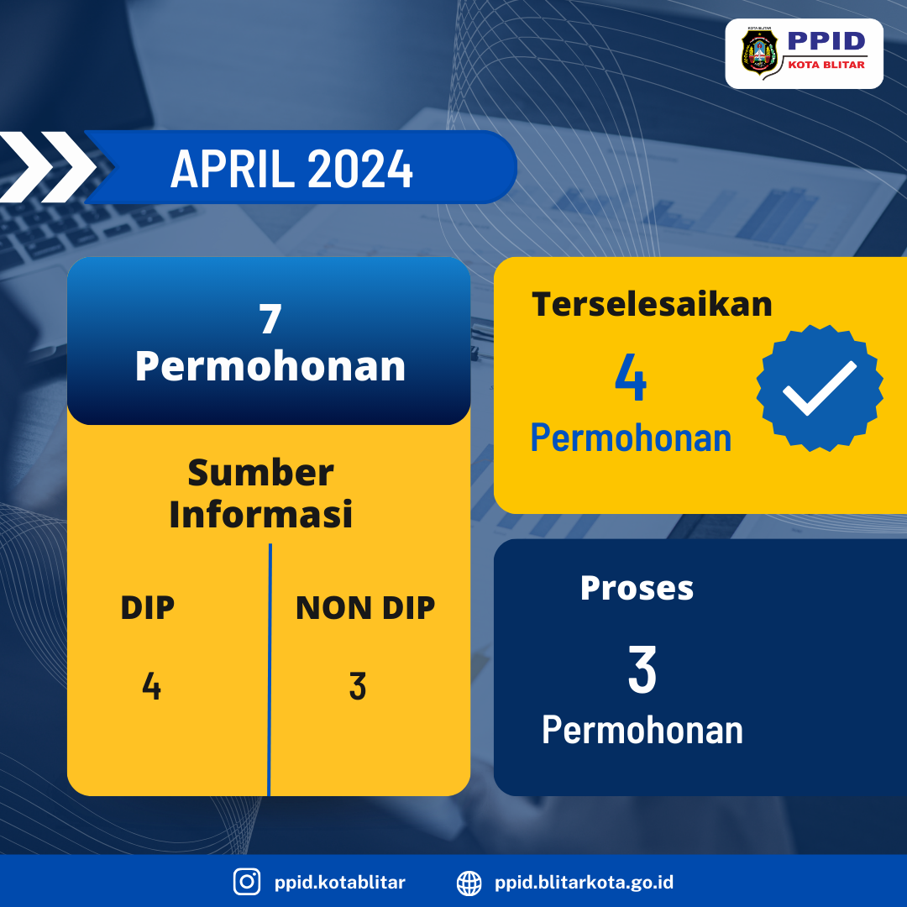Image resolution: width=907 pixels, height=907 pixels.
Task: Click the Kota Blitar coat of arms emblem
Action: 759,52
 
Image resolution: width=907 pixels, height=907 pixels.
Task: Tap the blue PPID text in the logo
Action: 826,40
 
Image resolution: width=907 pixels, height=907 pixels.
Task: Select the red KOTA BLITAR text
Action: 826,65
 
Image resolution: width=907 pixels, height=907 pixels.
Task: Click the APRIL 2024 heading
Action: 291,168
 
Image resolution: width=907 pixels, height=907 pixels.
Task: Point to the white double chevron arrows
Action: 47,167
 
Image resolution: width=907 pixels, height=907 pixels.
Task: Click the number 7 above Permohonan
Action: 270,319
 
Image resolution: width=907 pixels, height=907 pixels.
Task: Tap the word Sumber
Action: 261,473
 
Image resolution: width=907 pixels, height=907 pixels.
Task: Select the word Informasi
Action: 261,514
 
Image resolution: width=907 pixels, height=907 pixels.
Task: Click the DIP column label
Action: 148,607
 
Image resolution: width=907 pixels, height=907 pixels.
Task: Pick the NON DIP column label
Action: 365,607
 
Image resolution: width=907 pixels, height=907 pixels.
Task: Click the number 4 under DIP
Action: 151,686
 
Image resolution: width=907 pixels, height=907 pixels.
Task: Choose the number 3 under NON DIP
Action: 358,686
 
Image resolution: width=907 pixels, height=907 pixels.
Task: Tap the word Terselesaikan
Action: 652,304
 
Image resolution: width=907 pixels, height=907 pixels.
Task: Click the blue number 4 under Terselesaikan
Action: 631,377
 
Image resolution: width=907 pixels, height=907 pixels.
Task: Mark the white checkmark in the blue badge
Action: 819,387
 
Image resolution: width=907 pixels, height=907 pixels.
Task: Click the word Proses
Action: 637,589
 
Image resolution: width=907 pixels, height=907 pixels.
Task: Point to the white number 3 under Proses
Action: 642,669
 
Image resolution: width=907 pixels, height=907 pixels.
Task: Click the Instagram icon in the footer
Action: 247,882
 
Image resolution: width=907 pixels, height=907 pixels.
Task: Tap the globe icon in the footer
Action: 469,883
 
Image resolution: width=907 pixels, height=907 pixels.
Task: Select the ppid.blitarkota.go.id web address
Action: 584,882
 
